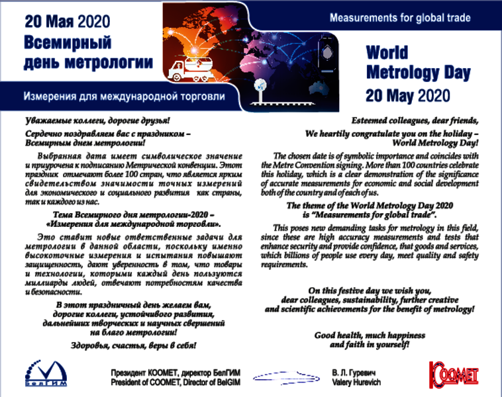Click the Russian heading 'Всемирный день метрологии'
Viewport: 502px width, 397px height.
coord(88,53)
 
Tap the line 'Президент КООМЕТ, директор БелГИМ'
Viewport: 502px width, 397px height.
coord(175,373)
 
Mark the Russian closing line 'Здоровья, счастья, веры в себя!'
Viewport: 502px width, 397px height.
coord(133,345)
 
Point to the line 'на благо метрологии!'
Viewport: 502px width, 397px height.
coord(133,333)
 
